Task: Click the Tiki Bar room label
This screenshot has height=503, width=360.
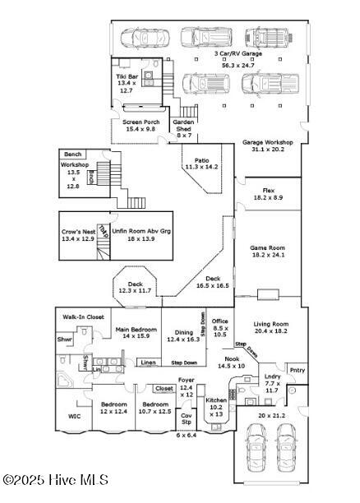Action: [126, 85]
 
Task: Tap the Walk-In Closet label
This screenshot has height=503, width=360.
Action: [84, 316]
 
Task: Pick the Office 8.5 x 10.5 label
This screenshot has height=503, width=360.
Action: [219, 327]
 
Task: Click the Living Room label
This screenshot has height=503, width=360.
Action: [271, 326]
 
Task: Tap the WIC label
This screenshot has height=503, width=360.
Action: [74, 417]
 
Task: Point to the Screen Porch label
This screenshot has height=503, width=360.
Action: [139, 126]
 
